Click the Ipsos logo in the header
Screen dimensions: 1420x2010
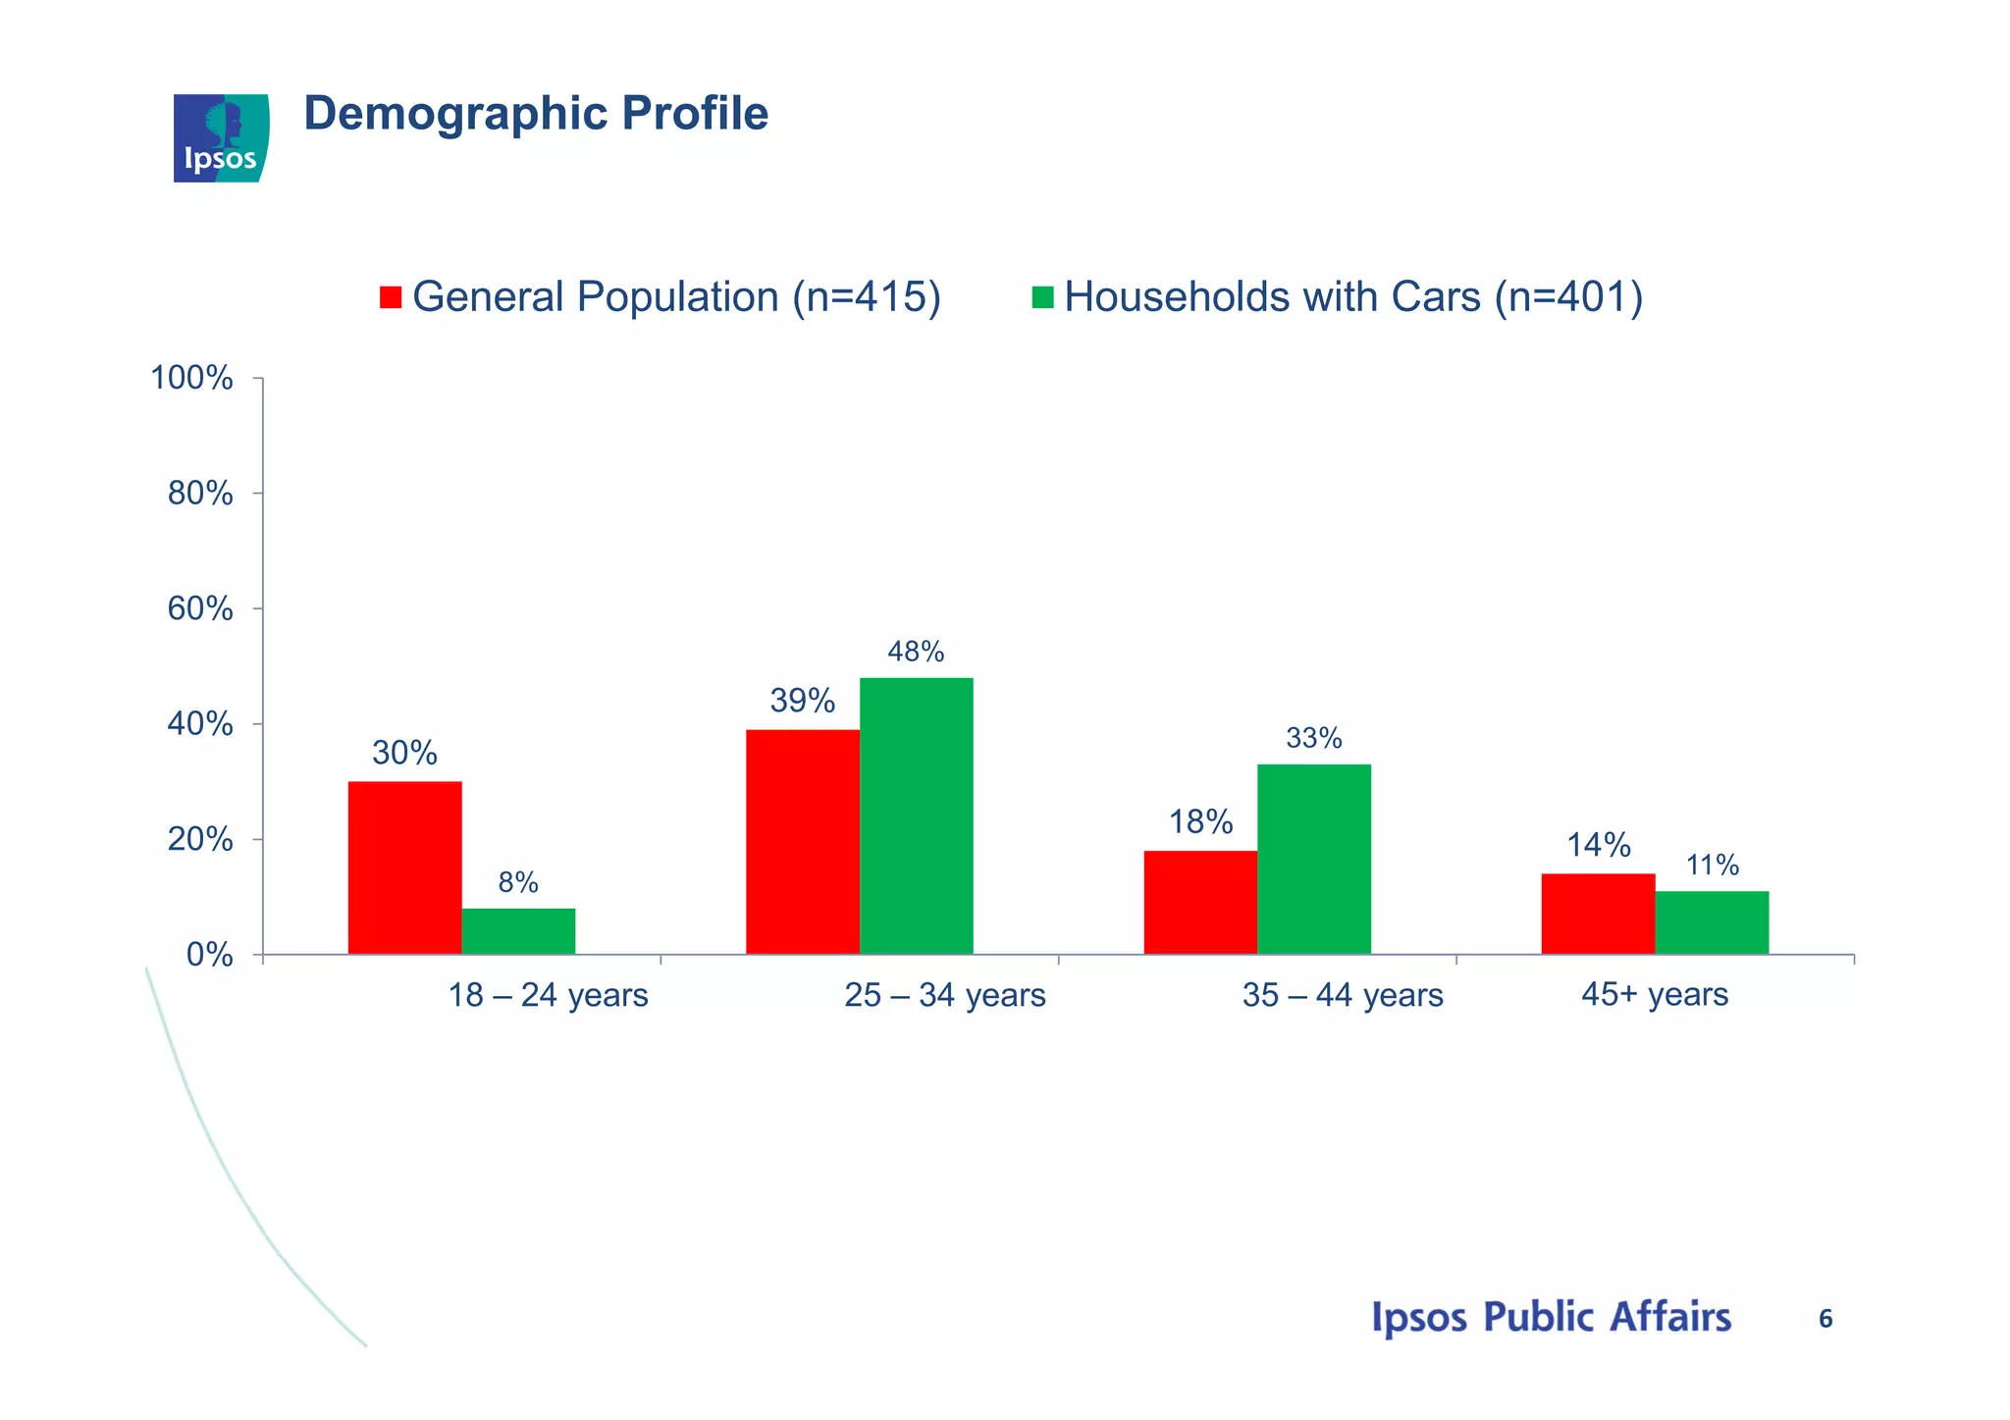(221, 138)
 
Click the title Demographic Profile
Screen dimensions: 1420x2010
(536, 113)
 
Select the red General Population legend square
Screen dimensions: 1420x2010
(391, 297)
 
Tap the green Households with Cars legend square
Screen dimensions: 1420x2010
(1042, 297)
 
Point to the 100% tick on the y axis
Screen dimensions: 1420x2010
(191, 378)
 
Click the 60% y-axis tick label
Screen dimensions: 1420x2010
(200, 609)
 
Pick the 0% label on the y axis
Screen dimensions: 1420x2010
(209, 955)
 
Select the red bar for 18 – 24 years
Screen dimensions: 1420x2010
(404, 868)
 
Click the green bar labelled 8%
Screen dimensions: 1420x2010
(518, 931)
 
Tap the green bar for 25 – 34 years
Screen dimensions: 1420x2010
(916, 815)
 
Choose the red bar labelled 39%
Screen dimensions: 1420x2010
(802, 841)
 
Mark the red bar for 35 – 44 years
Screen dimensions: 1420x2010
(1199, 902)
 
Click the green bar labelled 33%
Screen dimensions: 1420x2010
(1313, 859)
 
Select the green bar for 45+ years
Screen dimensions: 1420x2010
(1712, 922)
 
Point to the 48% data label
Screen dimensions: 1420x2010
(916, 652)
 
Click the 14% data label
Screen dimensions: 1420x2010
(1598, 845)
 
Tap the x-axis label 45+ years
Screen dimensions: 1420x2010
(1654, 994)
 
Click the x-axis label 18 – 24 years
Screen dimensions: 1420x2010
(548, 995)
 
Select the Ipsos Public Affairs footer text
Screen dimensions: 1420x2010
(1551, 1317)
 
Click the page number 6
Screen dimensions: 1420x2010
(1825, 1319)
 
